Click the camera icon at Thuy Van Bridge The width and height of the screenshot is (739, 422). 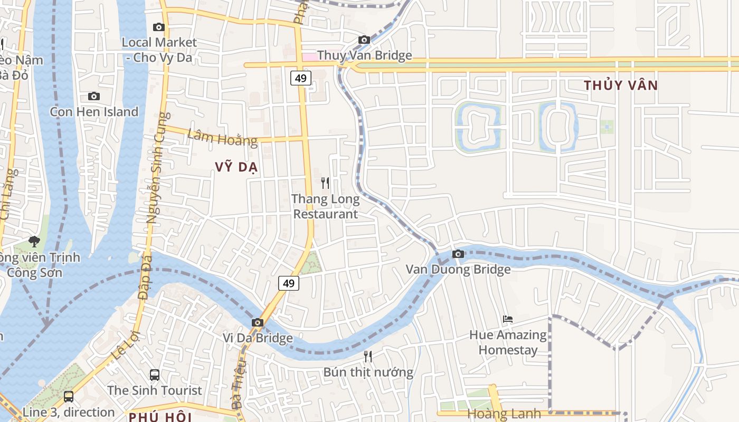(x=364, y=40)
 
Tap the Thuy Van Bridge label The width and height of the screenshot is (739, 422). (x=364, y=55)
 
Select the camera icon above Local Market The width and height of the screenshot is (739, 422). (x=158, y=27)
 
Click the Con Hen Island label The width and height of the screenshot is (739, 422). (x=94, y=112)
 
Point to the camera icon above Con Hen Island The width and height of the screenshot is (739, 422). (x=94, y=96)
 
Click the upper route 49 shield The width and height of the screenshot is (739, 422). (x=300, y=79)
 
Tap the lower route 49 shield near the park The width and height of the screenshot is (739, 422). (x=288, y=283)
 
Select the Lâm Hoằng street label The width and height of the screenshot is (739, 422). (x=222, y=138)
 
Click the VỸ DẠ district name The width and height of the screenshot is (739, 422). (x=236, y=167)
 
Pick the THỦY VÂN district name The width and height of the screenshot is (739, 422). (x=621, y=85)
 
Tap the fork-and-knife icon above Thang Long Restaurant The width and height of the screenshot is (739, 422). (x=325, y=183)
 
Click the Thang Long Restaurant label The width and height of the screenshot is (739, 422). (x=326, y=207)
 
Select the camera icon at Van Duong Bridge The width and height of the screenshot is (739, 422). (x=458, y=254)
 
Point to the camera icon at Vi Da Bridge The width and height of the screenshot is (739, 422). (x=258, y=322)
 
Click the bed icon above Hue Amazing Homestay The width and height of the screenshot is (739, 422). (x=508, y=319)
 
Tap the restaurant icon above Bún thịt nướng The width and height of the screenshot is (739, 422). (x=368, y=357)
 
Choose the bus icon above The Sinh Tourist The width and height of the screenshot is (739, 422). (x=155, y=375)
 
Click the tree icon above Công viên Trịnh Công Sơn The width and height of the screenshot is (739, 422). (x=34, y=242)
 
